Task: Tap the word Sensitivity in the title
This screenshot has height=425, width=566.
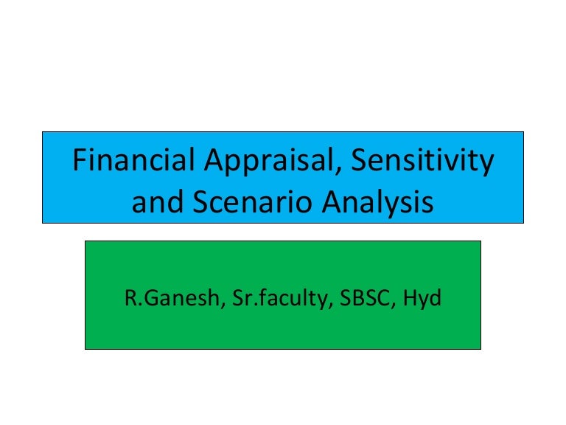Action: point(422,161)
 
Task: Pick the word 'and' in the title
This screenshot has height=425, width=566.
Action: point(154,201)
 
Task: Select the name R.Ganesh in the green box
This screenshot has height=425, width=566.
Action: point(167,301)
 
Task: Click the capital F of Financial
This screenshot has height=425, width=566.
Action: point(79,161)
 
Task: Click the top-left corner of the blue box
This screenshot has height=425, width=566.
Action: point(43,132)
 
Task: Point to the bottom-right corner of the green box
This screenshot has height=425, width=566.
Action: point(481,348)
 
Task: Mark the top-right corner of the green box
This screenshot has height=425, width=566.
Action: point(481,241)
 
